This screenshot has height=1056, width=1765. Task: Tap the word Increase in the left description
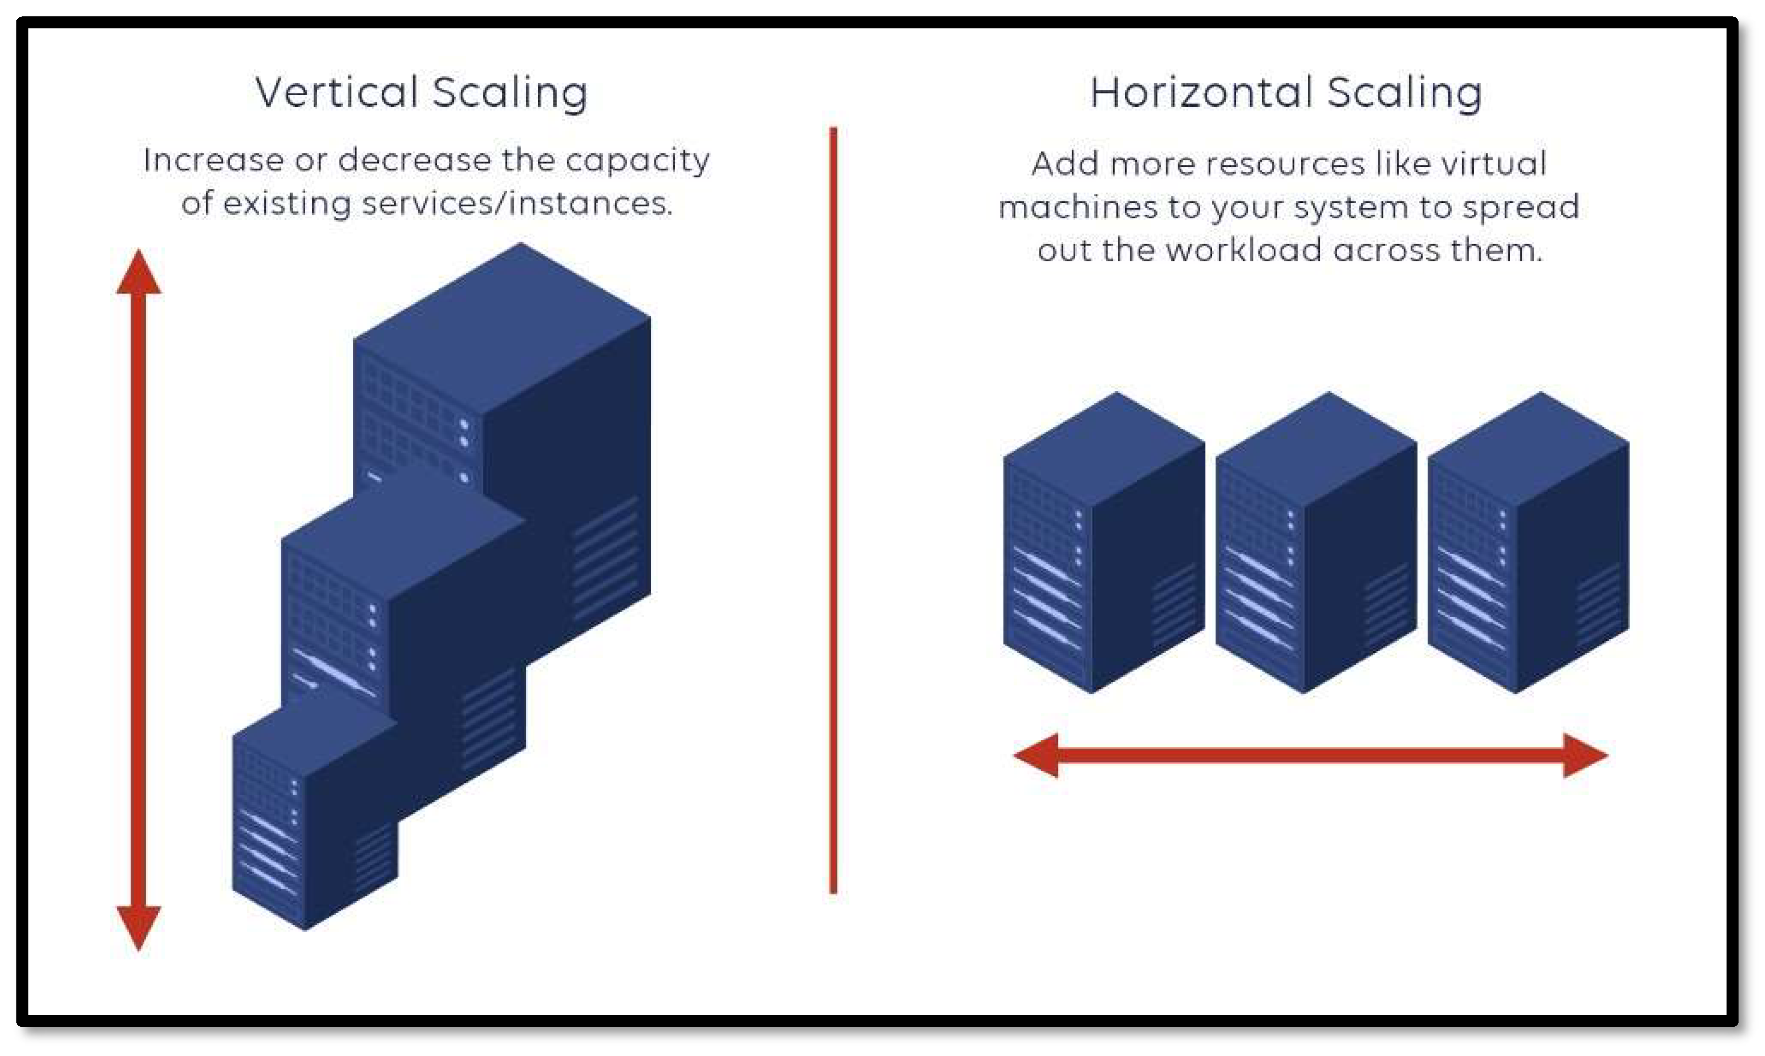pos(213,160)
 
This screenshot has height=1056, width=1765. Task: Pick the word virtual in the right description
pos(1493,164)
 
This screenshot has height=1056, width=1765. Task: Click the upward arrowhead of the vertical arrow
pos(139,274)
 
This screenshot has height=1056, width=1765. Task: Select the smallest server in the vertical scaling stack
pos(313,819)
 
